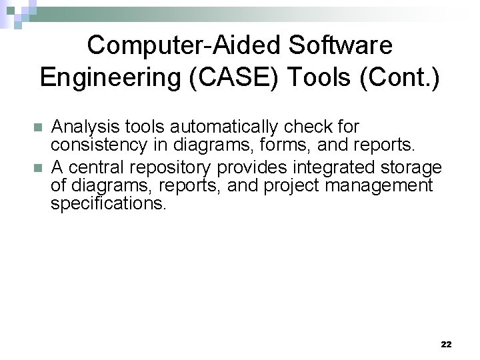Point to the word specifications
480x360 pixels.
108,203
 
